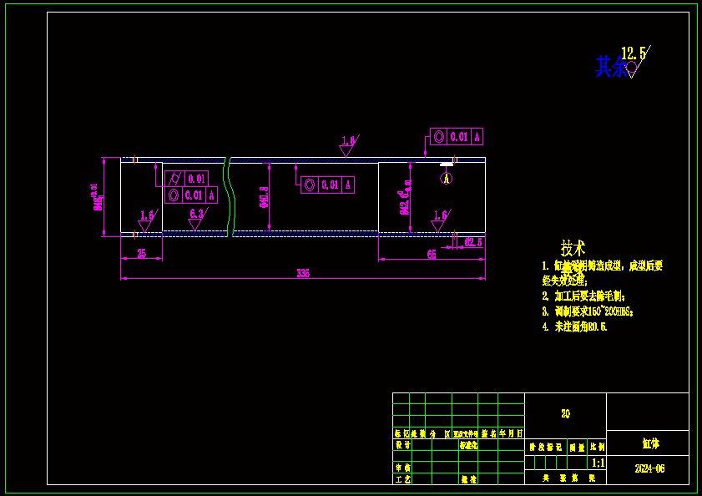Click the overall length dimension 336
coord(302,273)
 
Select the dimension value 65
coord(432,254)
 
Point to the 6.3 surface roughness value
coord(196,214)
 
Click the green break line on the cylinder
coord(228,196)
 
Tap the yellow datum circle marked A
coord(447,178)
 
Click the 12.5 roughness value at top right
coord(634,54)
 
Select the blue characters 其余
coord(610,68)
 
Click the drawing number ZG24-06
coord(649,469)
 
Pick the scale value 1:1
coord(598,463)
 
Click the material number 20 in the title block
coord(565,413)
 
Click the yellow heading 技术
coord(573,248)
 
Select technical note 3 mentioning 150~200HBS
coord(588,311)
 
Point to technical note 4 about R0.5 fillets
coord(574,326)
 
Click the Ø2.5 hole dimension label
coord(472,243)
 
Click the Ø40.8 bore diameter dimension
coord(265,196)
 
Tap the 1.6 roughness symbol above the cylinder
coord(348,141)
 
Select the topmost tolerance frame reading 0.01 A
coord(457,136)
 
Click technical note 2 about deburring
coord(583,296)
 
